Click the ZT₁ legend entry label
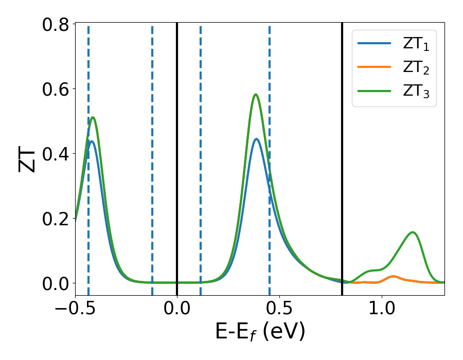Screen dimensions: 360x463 point(416,44)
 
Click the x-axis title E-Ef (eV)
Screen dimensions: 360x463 point(260,332)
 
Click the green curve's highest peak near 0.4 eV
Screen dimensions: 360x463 point(256,95)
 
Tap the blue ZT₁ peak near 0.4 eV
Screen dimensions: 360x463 point(256,139)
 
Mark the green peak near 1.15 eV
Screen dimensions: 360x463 point(413,232)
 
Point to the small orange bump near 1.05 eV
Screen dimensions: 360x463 point(394,277)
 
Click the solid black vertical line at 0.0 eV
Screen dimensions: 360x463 point(177,154)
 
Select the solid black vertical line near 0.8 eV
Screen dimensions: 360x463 point(342,154)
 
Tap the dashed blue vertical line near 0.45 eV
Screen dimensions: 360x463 point(270,103)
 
